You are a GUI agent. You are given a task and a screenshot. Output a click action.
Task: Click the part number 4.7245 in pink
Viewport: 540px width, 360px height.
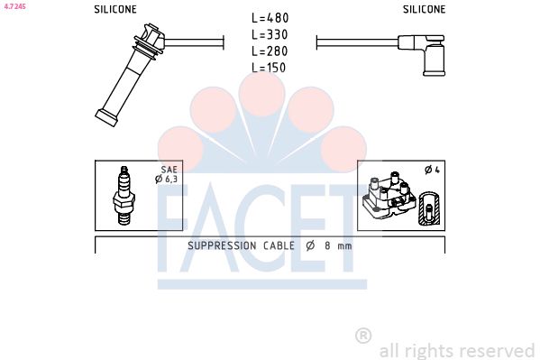click(x=15, y=5)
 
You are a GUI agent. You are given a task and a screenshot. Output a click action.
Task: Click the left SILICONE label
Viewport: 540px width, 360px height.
click(x=115, y=9)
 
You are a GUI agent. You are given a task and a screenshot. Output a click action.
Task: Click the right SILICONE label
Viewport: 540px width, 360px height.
click(x=424, y=9)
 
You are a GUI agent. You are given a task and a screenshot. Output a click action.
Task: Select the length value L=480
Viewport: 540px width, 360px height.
click(x=270, y=18)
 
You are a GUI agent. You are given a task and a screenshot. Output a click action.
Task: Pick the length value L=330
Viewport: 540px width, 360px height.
click(x=270, y=35)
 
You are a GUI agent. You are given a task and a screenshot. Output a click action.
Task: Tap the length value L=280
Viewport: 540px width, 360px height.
click(x=270, y=51)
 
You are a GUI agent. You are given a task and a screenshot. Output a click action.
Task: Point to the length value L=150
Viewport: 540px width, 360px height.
click(x=269, y=68)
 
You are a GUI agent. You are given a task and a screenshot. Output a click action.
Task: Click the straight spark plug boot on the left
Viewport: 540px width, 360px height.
click(x=129, y=74)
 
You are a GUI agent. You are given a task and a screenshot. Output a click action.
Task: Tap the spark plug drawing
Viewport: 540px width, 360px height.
click(x=124, y=196)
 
